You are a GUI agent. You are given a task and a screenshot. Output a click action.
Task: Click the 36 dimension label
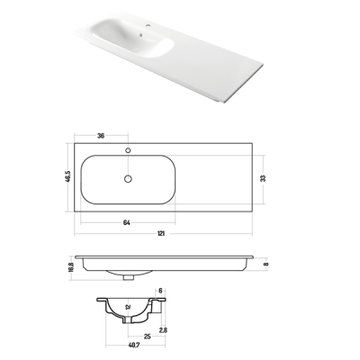[101, 136]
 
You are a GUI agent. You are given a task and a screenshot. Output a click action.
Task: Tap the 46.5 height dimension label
[67, 176]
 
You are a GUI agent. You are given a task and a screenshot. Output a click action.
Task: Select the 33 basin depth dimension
[263, 178]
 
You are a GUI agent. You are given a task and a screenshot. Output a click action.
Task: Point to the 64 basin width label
[127, 222]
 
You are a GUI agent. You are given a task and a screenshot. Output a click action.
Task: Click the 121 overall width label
[161, 233]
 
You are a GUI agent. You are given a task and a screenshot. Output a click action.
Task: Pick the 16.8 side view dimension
[71, 266]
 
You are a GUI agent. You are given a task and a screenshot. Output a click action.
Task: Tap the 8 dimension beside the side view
[266, 264]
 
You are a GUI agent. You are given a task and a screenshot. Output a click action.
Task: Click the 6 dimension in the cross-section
[160, 291]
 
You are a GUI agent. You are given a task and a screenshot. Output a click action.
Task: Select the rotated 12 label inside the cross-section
[128, 307]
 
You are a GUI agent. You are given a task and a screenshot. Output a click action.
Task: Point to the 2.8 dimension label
[163, 330]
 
